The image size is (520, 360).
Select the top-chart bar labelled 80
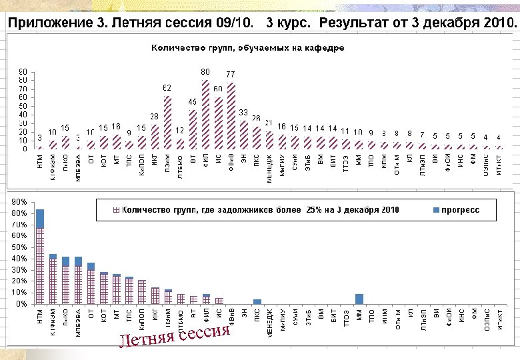pyautogui.click(x=206, y=113)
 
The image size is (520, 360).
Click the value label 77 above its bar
pyautogui.click(x=231, y=74)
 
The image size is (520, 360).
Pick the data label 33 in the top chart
pyautogui.click(x=243, y=112)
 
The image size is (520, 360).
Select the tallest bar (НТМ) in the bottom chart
pyautogui.click(x=40, y=257)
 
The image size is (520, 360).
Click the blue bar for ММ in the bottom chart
pyautogui.click(x=359, y=299)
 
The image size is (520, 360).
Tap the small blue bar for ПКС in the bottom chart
pyautogui.click(x=257, y=301)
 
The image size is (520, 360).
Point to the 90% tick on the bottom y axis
pyautogui.click(x=19, y=201)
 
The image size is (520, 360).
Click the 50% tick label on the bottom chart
pyautogui.click(x=19, y=247)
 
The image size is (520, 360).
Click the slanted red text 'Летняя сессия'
pyautogui.click(x=175, y=337)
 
